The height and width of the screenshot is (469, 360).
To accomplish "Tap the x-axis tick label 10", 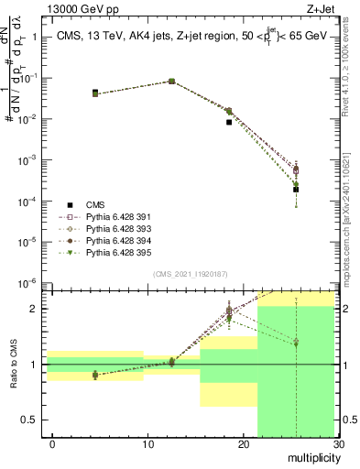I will click(x=147, y=444).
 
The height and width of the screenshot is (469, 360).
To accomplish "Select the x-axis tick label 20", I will click(x=243, y=444).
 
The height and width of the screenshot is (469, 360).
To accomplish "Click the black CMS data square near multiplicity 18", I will click(x=229, y=122).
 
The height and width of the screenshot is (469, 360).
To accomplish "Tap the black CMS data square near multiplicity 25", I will click(x=296, y=190).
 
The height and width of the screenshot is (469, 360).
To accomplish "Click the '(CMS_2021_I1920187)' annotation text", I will click(x=190, y=274).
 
